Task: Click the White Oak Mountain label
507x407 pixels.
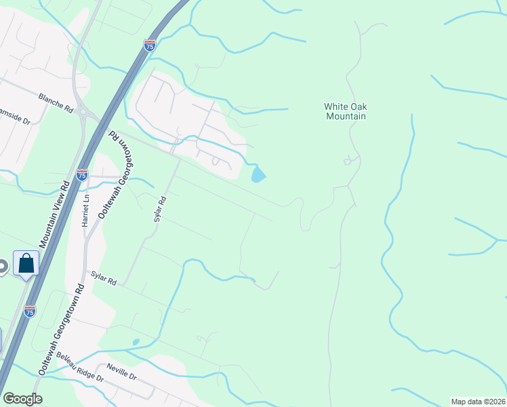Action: coord(345,111)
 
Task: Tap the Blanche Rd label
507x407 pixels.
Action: coord(56,102)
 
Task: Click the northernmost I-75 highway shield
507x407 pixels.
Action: coord(150,45)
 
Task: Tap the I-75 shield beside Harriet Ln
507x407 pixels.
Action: coord(82,176)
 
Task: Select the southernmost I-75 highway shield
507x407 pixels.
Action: coord(29,311)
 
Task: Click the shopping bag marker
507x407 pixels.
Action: coord(26,263)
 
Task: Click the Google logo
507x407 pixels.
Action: coord(22,398)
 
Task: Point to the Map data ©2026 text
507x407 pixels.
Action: coord(478,402)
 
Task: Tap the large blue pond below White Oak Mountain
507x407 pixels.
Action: coord(258,175)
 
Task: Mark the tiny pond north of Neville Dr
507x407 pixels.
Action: coord(136,342)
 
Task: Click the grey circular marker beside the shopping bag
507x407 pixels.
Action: coord(3,267)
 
